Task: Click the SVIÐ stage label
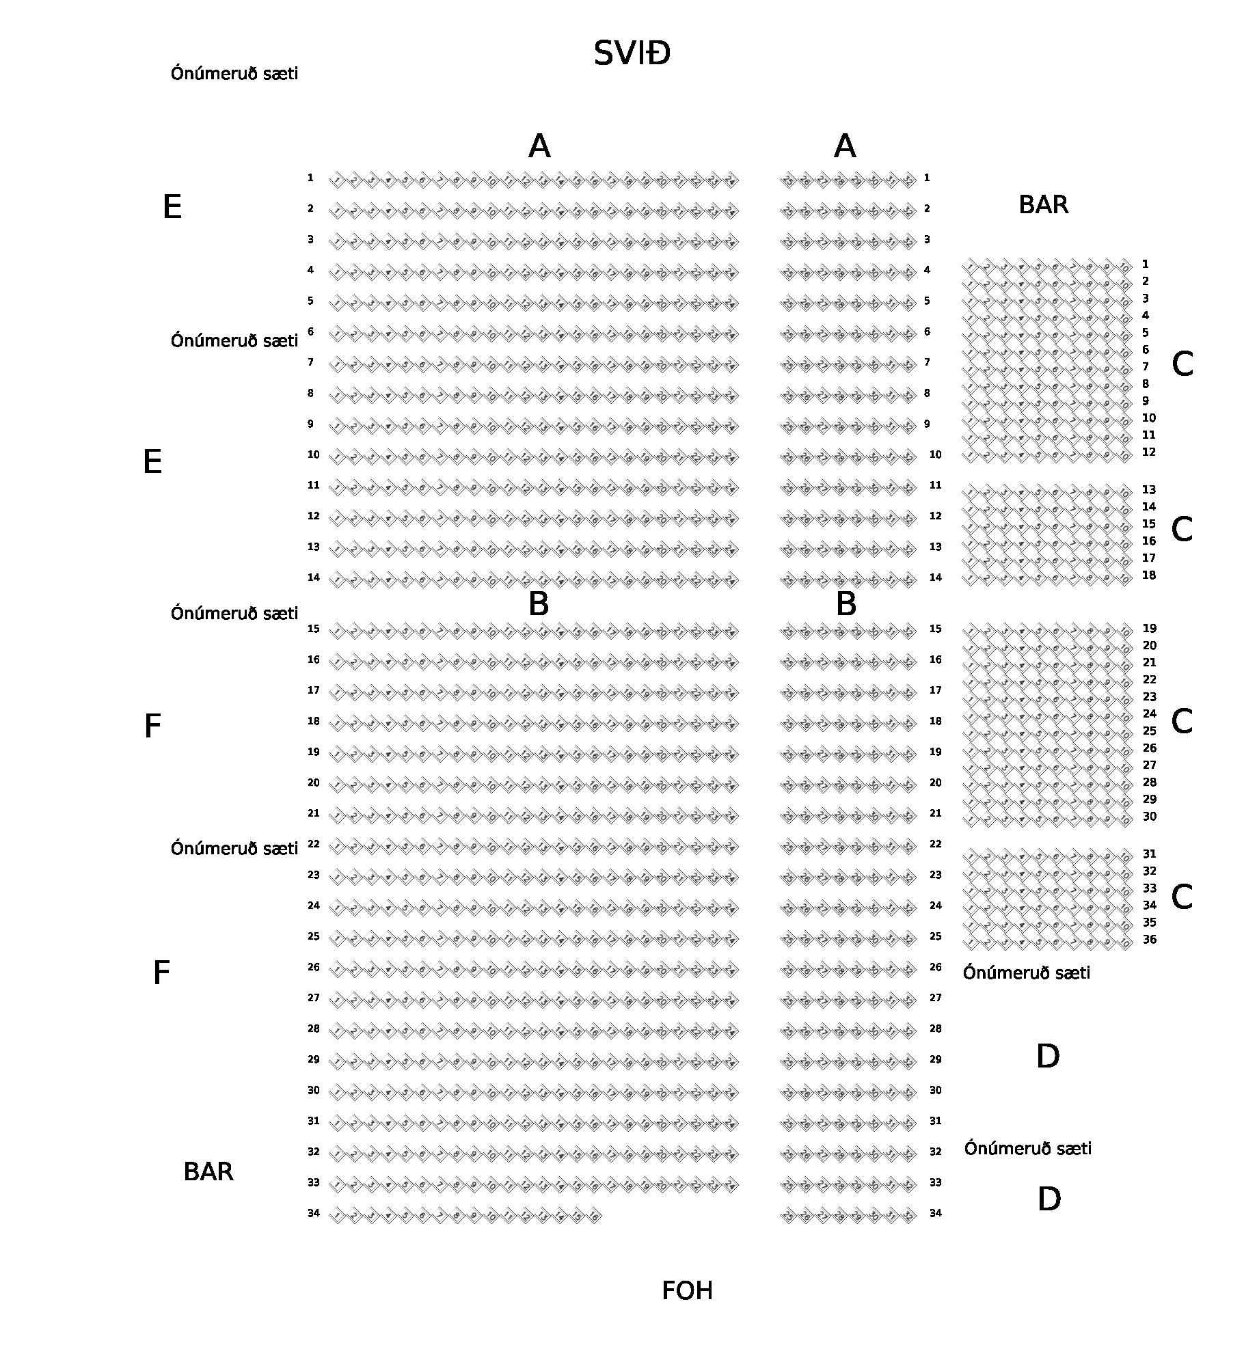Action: [632, 53]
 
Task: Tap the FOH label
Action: [687, 1291]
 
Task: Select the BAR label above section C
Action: [1043, 204]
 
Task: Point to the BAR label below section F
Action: [208, 1171]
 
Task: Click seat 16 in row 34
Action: [594, 1216]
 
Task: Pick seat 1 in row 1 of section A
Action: [337, 181]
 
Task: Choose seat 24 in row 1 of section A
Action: [731, 181]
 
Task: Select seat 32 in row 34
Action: [908, 1216]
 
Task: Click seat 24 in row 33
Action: [731, 1185]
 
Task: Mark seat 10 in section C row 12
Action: [1124, 454]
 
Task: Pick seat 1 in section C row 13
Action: [970, 492]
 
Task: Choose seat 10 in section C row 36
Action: [1124, 942]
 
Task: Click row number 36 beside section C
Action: [1150, 940]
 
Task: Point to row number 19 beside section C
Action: [1150, 629]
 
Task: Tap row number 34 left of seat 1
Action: [313, 1213]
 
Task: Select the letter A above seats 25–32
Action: [845, 146]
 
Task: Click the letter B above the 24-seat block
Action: [539, 604]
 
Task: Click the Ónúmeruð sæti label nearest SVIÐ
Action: [234, 73]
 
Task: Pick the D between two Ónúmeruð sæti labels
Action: [1048, 1057]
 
